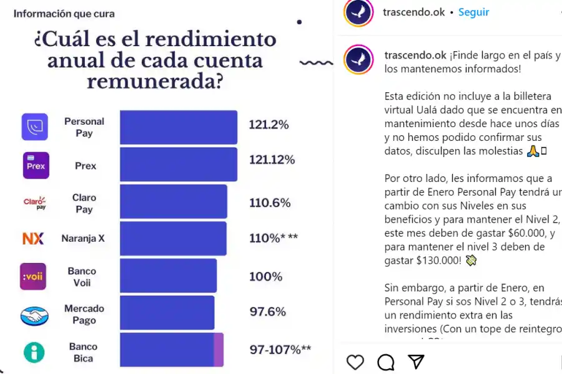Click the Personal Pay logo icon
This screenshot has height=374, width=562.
point(35,127)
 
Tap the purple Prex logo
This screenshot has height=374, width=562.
point(36,165)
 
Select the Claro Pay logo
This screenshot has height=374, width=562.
point(35,202)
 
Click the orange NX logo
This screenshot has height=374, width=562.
point(33,238)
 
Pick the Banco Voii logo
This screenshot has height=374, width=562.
point(33,276)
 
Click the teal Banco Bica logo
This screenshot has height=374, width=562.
point(34,352)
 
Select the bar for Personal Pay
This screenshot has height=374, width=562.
point(179,127)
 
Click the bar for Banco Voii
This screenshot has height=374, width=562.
point(168,276)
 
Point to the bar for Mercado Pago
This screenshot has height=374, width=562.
point(167,313)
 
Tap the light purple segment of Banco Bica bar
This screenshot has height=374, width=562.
point(219,350)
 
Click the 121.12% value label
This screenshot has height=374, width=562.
point(272,160)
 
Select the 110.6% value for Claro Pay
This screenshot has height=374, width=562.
point(270,203)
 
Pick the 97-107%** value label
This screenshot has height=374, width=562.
point(280,350)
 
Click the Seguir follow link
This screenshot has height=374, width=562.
point(473,12)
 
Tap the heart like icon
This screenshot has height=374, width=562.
point(355,362)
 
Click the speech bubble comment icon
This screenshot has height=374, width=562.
point(386,362)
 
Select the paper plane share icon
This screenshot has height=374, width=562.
point(417,362)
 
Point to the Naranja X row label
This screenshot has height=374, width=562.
point(83,238)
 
